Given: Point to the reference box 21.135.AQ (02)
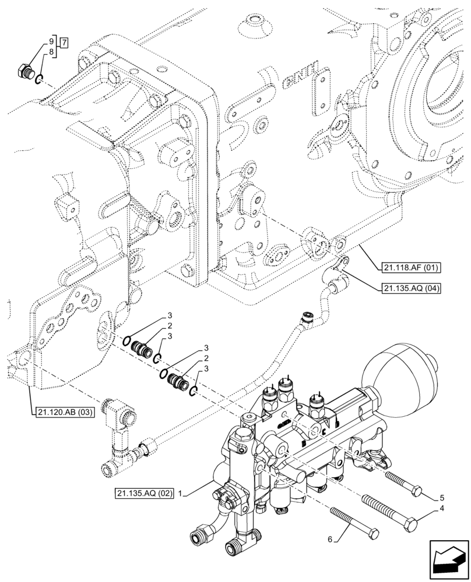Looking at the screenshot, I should click(145, 494).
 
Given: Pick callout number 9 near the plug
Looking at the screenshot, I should click(51, 42).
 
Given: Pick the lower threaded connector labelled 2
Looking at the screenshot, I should click(177, 382).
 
